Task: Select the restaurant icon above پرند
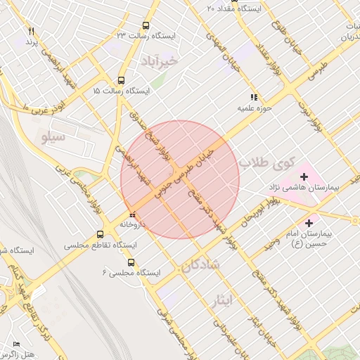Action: point(31,32)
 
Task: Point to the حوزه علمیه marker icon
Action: point(253,98)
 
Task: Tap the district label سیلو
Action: point(53,137)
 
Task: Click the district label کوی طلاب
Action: point(264,162)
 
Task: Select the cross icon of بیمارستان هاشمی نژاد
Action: point(304,175)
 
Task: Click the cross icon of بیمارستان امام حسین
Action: point(309,223)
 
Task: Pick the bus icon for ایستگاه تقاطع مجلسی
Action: point(100,235)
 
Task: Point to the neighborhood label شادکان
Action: point(200,265)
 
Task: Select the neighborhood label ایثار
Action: point(220,301)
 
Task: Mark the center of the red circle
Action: point(180,179)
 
